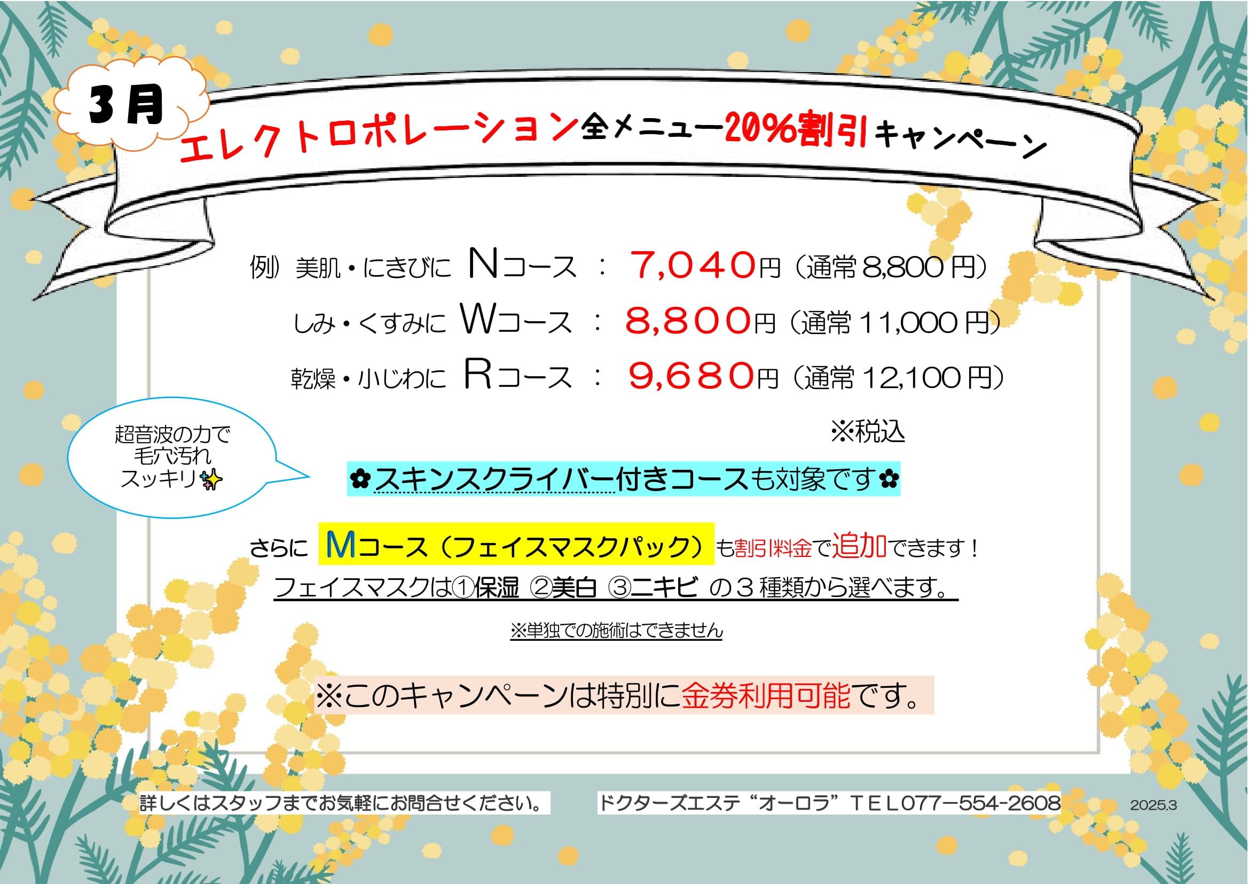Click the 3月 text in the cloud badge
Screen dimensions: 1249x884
[127, 105]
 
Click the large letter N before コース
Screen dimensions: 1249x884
[483, 263]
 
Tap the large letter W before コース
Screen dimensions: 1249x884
[478, 319]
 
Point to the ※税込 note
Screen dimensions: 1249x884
[868, 432]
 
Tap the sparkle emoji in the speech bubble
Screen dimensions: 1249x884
[211, 479]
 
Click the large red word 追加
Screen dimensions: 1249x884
[860, 546]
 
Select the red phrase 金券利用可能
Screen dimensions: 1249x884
[766, 695]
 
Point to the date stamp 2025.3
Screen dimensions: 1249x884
[1153, 805]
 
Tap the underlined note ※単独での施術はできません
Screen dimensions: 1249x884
[616, 630]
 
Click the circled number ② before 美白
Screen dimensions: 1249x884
[540, 588]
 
